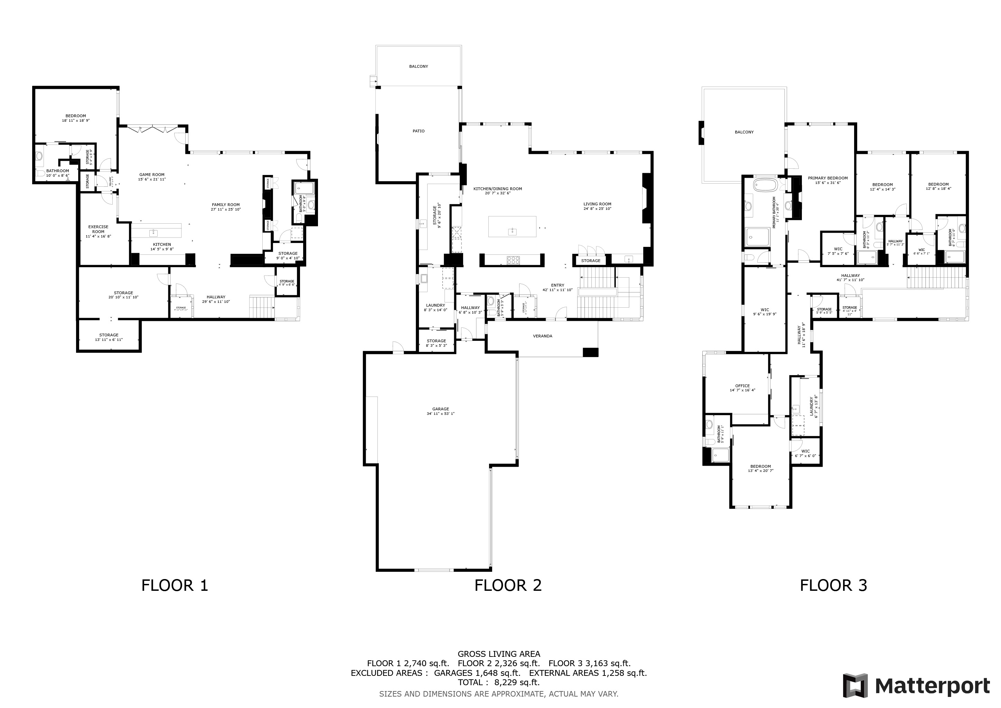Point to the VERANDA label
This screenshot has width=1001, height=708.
coord(542,336)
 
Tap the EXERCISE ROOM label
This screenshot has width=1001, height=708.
coord(98,229)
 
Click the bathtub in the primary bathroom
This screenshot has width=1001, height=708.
coord(764,185)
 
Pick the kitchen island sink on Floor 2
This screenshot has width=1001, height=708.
coord(513,231)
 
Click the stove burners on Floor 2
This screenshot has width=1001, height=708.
coord(513,260)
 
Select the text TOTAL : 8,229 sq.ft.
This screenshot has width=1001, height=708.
coord(499,682)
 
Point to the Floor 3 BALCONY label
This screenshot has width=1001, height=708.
coord(744,132)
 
